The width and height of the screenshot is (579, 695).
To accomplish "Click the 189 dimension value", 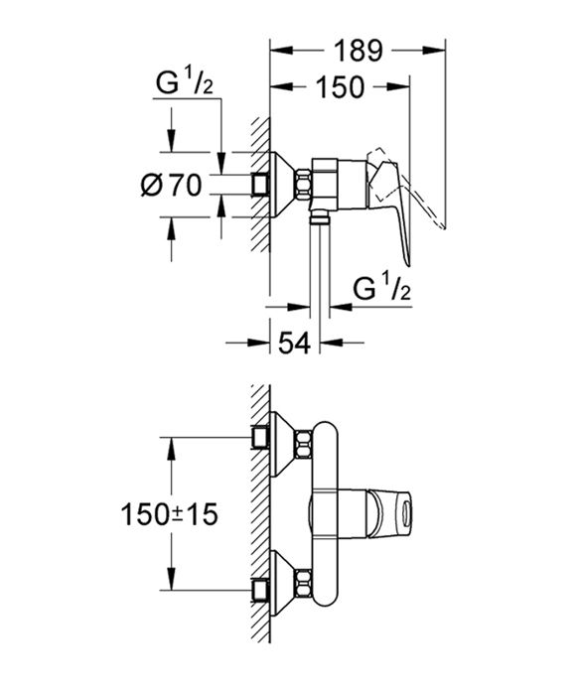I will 355,49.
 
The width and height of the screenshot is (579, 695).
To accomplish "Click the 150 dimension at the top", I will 341,87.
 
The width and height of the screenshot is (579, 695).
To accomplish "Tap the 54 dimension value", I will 293,343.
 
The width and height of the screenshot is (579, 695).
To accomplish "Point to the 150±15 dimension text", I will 170,514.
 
